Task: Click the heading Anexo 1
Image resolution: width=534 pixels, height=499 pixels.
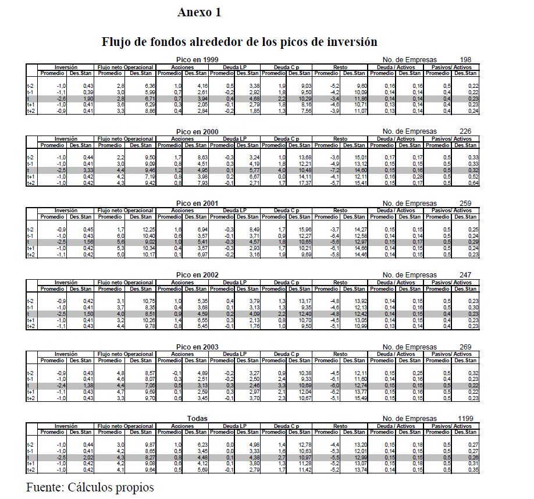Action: pos(199,13)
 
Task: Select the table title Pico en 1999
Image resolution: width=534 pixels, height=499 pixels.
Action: pos(197,60)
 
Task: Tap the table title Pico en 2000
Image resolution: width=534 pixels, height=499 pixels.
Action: pos(197,131)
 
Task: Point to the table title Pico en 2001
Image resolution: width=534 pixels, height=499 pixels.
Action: pos(197,204)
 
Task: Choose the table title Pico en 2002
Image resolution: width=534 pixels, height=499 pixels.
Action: pos(197,275)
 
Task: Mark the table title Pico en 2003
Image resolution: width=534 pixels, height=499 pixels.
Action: pos(197,347)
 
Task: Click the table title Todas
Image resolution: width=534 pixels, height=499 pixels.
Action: pos(197,419)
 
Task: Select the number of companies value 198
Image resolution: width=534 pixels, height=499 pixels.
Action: pos(465,60)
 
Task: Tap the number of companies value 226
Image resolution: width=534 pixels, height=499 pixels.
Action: pos(465,132)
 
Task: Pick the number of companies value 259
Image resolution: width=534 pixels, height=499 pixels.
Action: pos(465,204)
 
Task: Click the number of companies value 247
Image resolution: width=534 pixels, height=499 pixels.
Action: pos(465,275)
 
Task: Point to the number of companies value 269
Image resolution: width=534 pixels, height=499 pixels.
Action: pos(465,347)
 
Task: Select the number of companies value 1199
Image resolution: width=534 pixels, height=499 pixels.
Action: pos(465,419)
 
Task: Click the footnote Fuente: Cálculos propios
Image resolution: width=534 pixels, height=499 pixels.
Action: pos(90,487)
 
